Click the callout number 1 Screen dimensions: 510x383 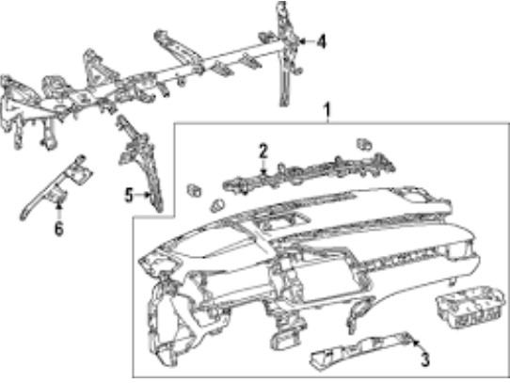pyautogui.click(x=327, y=110)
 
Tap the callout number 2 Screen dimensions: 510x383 pyautogui.click(x=263, y=152)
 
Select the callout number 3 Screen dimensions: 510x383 pyautogui.click(x=424, y=359)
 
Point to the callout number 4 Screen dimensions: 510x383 pyautogui.click(x=321, y=41)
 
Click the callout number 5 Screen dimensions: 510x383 pyautogui.click(x=130, y=196)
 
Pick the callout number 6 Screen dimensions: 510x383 pyautogui.click(x=59, y=228)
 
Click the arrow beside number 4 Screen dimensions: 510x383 pyautogui.click(x=307, y=41)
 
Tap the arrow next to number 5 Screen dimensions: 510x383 pyautogui.click(x=142, y=195)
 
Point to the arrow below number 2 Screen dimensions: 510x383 pyautogui.click(x=263, y=167)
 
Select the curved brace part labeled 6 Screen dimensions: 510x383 pyautogui.click(x=56, y=187)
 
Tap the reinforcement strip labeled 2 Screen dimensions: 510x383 pyautogui.click(x=309, y=173)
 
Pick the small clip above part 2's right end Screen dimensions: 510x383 pyautogui.click(x=364, y=145)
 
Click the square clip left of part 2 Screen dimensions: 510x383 pyautogui.click(x=194, y=190)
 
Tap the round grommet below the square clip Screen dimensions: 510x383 pyautogui.click(x=217, y=206)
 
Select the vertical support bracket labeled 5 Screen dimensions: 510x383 pyautogui.click(x=143, y=163)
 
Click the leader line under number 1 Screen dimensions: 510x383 pyautogui.click(x=327, y=120)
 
